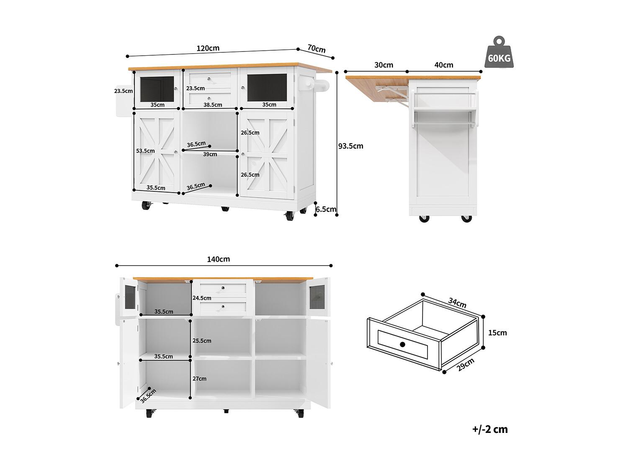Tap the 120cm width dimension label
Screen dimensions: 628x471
pyautogui.click(x=208, y=48)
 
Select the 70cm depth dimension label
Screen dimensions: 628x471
pyautogui.click(x=317, y=49)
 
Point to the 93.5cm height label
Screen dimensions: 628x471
pyautogui.click(x=351, y=146)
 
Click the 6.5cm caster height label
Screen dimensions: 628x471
pyautogui.click(x=326, y=209)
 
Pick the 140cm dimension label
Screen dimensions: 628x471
pyautogui.click(x=218, y=259)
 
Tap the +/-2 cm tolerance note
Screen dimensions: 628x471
pyautogui.click(x=490, y=429)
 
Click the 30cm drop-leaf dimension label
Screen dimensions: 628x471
pyautogui.click(x=383, y=65)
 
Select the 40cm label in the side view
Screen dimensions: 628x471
pyautogui.click(x=444, y=65)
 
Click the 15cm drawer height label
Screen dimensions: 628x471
pyautogui.click(x=497, y=332)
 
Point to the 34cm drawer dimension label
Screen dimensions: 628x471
pyautogui.click(x=457, y=303)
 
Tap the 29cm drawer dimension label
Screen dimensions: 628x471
pyautogui.click(x=466, y=365)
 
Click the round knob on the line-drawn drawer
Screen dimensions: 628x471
pyautogui.click(x=403, y=344)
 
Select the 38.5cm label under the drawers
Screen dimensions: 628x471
pyautogui.click(x=213, y=105)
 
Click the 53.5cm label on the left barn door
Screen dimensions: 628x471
pyautogui.click(x=145, y=151)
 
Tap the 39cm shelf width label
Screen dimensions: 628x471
pyautogui.click(x=210, y=154)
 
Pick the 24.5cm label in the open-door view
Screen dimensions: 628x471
pyautogui.click(x=202, y=298)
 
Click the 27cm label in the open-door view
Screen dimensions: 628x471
pyautogui.click(x=199, y=378)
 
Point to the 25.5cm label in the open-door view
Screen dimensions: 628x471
pyautogui.click(x=202, y=341)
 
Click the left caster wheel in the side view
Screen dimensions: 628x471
pyautogui.click(x=424, y=219)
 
